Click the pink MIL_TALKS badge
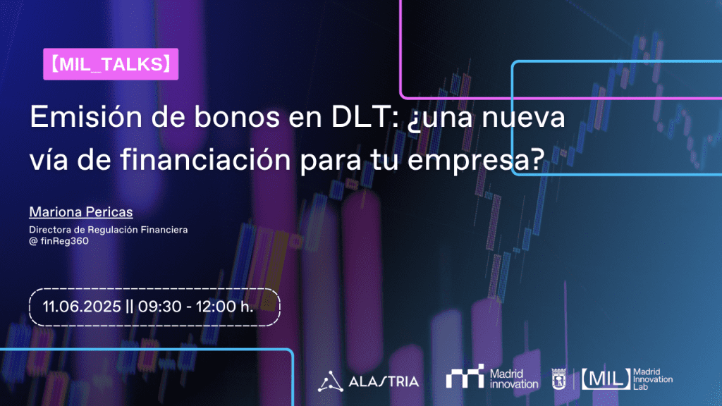click(111, 64)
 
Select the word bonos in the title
click(236, 117)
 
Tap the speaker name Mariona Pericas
click(81, 211)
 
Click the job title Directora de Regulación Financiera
click(108, 230)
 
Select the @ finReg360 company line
click(59, 241)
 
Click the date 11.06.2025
click(82, 307)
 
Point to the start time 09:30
click(160, 307)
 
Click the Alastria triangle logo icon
click(330, 381)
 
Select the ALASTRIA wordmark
click(384, 381)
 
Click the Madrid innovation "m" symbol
click(465, 376)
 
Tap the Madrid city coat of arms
click(558, 379)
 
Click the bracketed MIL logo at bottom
click(606, 379)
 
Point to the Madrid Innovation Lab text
click(653, 379)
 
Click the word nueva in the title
click(524, 117)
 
